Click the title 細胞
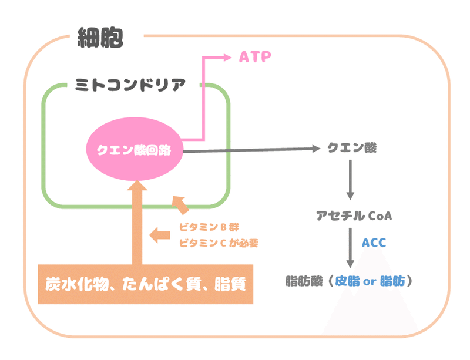[x=100, y=38]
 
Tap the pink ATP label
[x=255, y=57]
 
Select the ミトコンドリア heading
[x=130, y=85]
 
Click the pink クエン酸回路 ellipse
[x=133, y=150]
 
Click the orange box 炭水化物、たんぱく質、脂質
[x=145, y=285]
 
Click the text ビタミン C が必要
[x=218, y=243]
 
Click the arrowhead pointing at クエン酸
[x=315, y=149]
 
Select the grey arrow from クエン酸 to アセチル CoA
[x=351, y=180]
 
